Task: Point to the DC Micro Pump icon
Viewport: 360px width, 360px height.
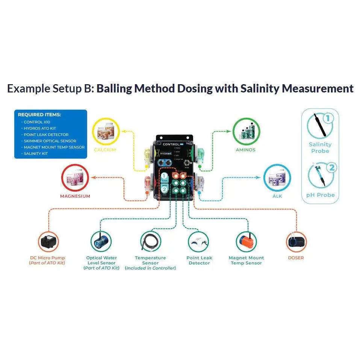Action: pos(48,241)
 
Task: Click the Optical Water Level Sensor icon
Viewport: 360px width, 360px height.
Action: pos(101,241)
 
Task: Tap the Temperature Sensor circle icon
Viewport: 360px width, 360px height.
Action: pos(150,241)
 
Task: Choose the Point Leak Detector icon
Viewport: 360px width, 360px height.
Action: pos(199,241)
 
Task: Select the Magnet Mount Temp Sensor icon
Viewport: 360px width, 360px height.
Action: pos(247,241)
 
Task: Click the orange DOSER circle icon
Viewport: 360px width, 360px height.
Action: pos(296,241)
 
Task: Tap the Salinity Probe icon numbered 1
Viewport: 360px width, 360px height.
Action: pos(320,125)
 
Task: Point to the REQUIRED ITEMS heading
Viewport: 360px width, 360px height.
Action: pos(39,115)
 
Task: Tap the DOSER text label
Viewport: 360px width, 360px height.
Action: pos(295,258)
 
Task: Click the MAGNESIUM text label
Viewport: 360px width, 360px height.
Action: pos(75,196)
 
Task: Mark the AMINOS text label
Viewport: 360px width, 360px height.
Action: pos(246,150)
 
